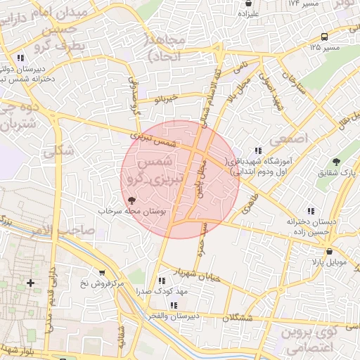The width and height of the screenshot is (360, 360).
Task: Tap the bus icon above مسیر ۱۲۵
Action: tap(323, 37)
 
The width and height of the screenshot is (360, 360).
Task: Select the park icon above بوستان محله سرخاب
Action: tap(131, 200)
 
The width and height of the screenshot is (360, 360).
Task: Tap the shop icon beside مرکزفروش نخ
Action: tap(103, 273)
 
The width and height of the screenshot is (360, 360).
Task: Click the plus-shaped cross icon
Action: tap(30, 283)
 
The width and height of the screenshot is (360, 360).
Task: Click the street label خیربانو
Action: tap(168, 100)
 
